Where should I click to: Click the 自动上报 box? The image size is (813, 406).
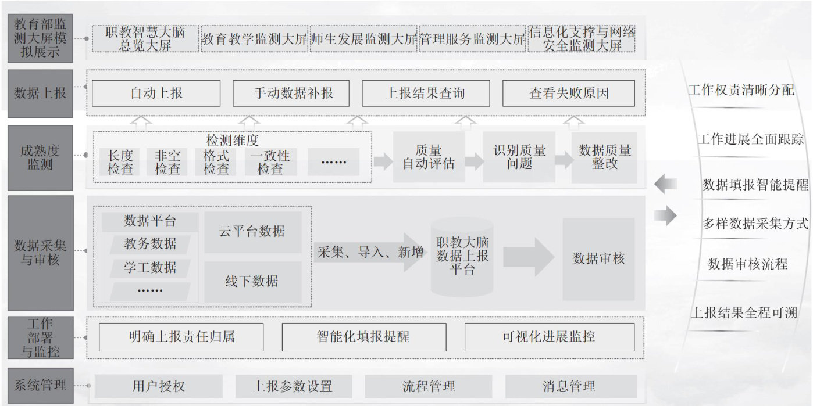click(x=156, y=93)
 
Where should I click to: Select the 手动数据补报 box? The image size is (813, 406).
click(x=291, y=93)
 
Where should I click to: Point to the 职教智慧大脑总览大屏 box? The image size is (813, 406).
click(x=145, y=38)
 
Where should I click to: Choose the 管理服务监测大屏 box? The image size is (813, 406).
click(x=472, y=39)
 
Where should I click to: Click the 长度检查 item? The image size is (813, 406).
click(x=120, y=162)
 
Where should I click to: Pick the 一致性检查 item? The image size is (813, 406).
click(x=270, y=162)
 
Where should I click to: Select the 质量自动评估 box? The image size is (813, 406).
click(x=429, y=157)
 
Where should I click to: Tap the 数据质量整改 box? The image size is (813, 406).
click(x=605, y=157)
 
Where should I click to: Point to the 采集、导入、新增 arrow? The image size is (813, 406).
click(x=370, y=253)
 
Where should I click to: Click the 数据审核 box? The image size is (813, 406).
click(x=598, y=258)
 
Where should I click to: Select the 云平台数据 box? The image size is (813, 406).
click(x=252, y=232)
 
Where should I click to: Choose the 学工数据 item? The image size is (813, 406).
click(x=150, y=268)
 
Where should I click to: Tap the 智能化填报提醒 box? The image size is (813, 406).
click(x=363, y=337)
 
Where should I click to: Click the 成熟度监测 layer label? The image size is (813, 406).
click(x=40, y=157)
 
